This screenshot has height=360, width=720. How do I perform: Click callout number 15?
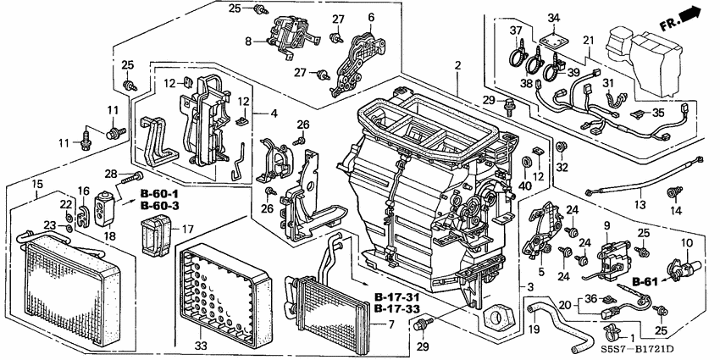[x=36, y=185]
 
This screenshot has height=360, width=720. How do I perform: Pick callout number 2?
[x=457, y=65]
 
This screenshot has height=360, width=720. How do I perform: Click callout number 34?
[x=553, y=19]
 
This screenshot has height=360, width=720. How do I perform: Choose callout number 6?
[x=370, y=17]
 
